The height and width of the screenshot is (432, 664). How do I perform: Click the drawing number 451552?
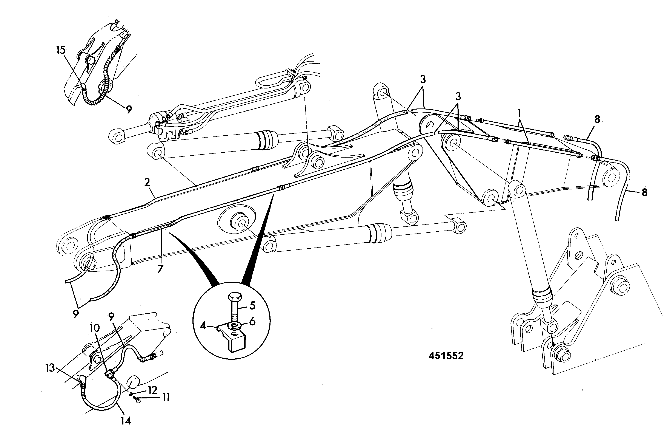point(446,356)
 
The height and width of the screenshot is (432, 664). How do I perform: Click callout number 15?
point(61,50)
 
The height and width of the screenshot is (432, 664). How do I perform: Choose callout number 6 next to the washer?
point(252,322)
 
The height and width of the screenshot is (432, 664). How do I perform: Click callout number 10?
point(95,328)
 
